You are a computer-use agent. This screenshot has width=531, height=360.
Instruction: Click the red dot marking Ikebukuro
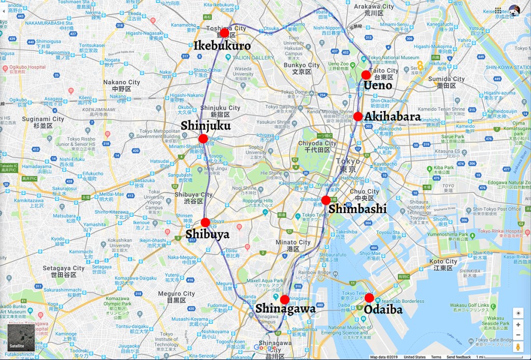point(224,33)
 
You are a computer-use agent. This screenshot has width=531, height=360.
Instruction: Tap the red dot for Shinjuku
point(203,139)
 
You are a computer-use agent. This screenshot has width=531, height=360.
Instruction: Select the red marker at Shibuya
point(205,223)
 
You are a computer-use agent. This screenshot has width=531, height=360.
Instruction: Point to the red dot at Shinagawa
point(285,299)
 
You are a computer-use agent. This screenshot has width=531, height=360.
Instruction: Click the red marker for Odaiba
point(369,298)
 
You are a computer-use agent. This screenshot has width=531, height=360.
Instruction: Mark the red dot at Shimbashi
point(326,200)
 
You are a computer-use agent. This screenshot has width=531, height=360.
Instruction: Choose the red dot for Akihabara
point(358,116)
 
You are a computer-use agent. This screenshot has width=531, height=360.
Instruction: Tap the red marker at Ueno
point(366,75)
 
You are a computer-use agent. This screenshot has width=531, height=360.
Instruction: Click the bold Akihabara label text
point(392,117)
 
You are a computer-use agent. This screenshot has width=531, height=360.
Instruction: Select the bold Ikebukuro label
point(222,46)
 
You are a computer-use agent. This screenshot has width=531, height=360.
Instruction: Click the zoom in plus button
point(518,325)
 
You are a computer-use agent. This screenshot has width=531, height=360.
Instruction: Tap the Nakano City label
point(121,82)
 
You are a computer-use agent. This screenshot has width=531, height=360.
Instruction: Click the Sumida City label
point(447,79)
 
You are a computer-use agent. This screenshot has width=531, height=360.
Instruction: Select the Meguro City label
point(177,294)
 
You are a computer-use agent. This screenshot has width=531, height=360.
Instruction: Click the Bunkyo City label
point(301,65)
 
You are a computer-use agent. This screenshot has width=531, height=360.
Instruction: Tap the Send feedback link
point(458,357)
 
